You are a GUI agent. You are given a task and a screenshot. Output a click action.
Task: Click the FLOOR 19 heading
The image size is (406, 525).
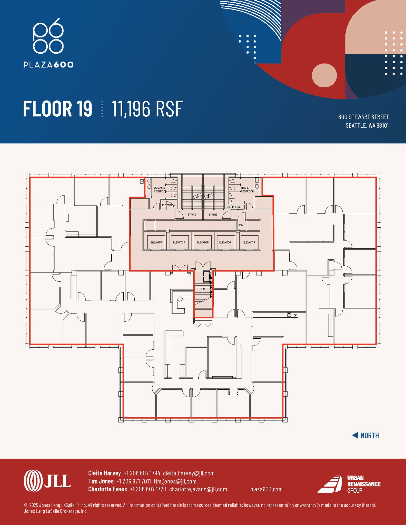57,109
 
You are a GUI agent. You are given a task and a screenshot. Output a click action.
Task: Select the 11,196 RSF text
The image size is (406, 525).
147,109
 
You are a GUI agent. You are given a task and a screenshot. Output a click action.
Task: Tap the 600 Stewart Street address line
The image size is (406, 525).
363,117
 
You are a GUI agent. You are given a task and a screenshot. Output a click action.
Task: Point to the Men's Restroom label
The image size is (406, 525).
247,190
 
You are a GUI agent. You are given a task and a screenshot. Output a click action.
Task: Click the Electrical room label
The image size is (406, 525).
169,205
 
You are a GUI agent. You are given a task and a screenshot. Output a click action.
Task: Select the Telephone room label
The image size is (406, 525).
233,207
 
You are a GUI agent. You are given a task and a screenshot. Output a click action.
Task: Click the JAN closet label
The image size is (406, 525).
241,225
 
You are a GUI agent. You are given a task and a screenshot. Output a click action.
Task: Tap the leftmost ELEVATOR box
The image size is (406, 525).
156,242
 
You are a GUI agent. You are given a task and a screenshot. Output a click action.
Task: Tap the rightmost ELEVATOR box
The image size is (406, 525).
249,242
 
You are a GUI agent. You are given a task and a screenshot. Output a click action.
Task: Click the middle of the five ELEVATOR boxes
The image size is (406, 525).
203,242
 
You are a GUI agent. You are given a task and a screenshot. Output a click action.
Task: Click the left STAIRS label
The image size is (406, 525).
192,215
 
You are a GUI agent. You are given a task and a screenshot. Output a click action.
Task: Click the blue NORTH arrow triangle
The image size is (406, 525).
355,435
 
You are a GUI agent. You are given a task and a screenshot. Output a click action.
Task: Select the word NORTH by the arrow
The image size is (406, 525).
370,436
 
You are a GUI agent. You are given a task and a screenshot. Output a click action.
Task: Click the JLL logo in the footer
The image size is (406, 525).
47,481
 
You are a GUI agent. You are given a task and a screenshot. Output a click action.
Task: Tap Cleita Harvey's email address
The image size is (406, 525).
189,473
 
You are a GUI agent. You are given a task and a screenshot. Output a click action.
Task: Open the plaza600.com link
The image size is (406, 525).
266,489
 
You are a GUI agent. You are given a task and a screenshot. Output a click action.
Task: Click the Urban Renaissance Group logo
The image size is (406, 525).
349,484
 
